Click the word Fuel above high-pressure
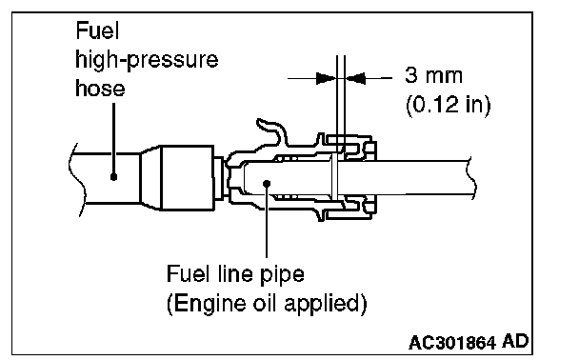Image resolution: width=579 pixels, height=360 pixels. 97,30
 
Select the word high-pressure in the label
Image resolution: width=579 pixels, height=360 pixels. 147,60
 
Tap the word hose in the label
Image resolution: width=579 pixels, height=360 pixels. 100,89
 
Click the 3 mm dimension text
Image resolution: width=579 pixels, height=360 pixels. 433,75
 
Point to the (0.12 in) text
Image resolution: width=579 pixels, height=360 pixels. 449,105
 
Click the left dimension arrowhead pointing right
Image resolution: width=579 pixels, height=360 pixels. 326,78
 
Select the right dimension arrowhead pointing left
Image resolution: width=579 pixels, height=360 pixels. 355,78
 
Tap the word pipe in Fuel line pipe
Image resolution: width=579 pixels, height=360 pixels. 282,275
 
